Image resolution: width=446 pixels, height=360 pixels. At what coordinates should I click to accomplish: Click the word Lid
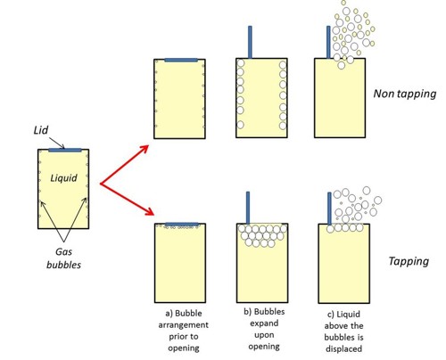(x=41, y=130)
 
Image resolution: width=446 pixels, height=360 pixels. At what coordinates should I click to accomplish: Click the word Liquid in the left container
(x=63, y=178)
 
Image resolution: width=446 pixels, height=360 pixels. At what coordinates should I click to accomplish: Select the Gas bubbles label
(x=63, y=258)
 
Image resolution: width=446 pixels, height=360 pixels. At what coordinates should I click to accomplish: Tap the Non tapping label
(x=405, y=94)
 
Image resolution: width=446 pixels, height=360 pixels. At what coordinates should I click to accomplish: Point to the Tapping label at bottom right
(x=409, y=261)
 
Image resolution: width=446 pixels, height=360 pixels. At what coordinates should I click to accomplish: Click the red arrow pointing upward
(x=124, y=164)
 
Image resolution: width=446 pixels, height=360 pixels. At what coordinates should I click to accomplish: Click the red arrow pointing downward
(x=127, y=199)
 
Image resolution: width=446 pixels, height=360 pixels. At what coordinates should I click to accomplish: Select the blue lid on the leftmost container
(x=65, y=150)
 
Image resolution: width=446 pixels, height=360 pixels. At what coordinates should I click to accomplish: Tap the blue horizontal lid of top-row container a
(x=181, y=60)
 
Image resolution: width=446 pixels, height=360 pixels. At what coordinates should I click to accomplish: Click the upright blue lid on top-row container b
(x=250, y=42)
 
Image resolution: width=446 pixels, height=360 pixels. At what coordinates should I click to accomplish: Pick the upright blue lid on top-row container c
(x=328, y=42)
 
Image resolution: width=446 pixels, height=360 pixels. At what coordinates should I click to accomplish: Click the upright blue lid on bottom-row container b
(x=248, y=208)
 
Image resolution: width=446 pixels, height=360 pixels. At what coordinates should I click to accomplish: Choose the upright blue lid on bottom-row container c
(x=329, y=209)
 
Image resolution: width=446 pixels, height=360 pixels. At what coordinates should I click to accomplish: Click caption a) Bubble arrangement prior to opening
(x=184, y=331)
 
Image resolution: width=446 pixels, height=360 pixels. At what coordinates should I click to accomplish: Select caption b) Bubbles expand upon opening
(x=264, y=329)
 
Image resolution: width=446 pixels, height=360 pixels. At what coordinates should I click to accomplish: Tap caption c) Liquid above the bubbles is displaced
(x=343, y=331)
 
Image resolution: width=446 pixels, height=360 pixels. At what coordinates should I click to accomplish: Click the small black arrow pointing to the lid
(x=56, y=143)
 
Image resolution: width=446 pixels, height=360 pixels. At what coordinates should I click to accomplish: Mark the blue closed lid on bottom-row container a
(x=182, y=224)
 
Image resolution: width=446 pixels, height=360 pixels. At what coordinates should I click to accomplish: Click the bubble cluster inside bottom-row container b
(x=262, y=236)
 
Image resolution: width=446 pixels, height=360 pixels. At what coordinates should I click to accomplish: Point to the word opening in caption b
(x=264, y=347)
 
